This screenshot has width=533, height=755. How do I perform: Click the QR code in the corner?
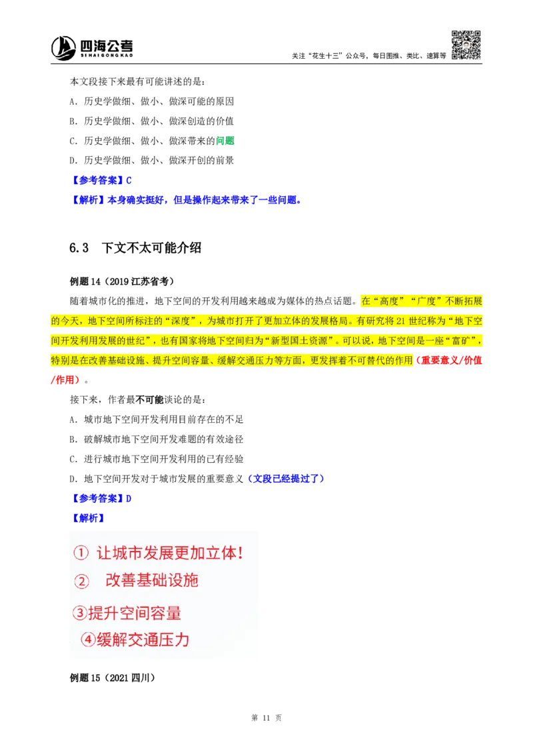(466, 45)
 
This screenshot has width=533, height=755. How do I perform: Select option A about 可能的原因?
(151, 102)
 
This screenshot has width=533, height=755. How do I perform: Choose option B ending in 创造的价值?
(151, 121)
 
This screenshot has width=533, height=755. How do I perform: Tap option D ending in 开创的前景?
(151, 160)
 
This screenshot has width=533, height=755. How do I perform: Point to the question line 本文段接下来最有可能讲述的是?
(139, 82)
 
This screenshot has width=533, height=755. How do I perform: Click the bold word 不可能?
(149, 400)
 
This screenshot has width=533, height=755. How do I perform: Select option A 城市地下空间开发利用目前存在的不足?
(157, 420)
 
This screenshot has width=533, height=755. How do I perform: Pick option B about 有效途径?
(157, 439)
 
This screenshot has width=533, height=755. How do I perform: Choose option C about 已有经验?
(157, 459)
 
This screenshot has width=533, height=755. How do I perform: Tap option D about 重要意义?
(157, 478)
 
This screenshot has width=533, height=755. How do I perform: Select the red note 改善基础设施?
(152, 580)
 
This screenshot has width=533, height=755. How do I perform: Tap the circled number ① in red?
(81, 554)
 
